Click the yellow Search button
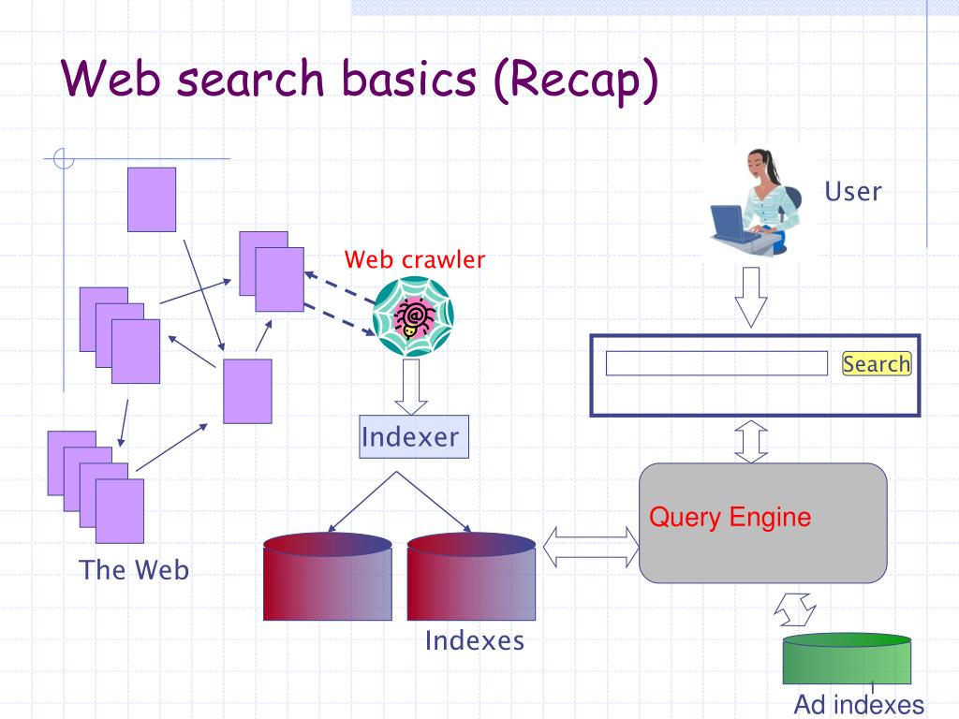[877, 363]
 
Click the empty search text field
[716, 363]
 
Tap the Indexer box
[414, 436]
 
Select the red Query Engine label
[730, 517]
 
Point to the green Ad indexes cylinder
[847, 658]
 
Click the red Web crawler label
[415, 259]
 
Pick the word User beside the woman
[853, 191]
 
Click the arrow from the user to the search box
[750, 297]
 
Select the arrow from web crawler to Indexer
[411, 387]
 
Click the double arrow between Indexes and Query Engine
[591, 547]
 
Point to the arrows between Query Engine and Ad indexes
[795, 609]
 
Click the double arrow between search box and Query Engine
[750, 441]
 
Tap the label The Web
[134, 570]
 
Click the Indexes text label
[475, 640]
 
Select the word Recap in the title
[575, 81]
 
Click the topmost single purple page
[152, 199]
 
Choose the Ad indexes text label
[859, 704]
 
